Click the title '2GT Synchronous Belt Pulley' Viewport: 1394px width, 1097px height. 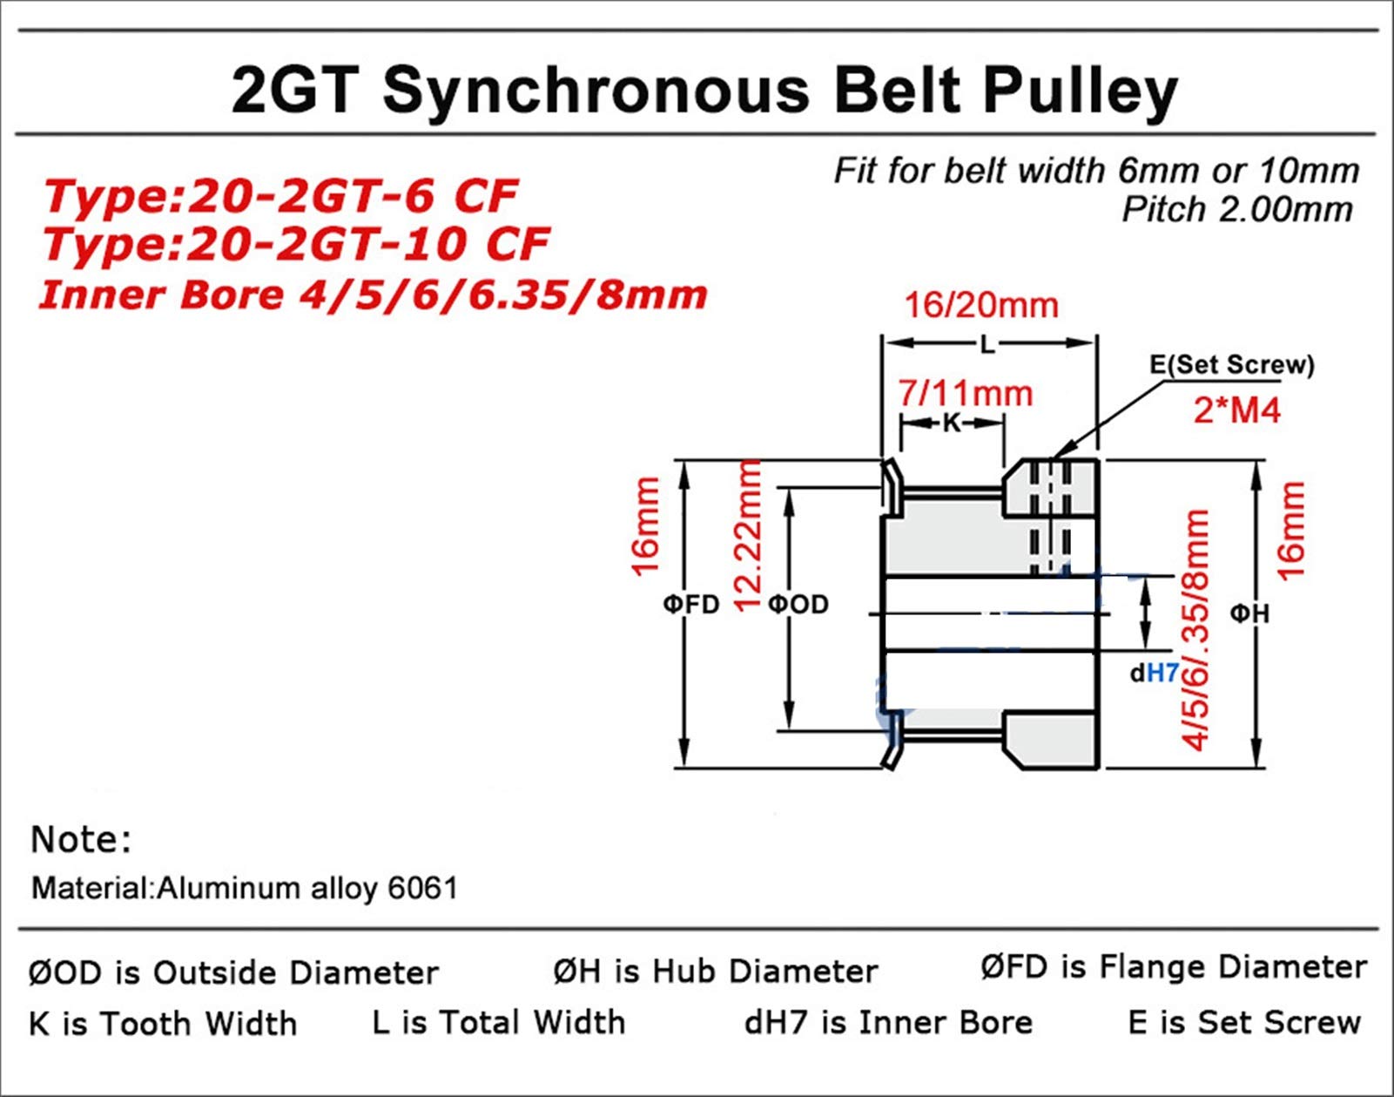click(704, 91)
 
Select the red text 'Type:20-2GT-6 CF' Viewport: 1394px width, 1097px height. click(280, 196)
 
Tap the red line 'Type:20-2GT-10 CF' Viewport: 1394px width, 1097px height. click(297, 244)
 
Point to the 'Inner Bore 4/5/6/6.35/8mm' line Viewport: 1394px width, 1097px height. click(373, 295)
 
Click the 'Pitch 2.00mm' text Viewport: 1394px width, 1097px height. click(1237, 209)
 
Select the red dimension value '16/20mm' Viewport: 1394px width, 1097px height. click(981, 305)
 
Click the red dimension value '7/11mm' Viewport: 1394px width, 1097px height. click(965, 393)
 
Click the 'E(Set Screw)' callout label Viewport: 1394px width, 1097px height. click(1232, 364)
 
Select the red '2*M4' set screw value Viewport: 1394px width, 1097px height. click(1237, 410)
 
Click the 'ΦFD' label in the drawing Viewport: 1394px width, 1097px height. click(691, 604)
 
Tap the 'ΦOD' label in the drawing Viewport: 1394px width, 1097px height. click(798, 604)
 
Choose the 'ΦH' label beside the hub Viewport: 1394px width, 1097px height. click(1249, 613)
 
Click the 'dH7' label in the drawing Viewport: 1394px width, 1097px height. click(1155, 673)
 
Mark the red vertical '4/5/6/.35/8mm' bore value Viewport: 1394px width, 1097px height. click(1195, 631)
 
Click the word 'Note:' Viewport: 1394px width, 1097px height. click(81, 840)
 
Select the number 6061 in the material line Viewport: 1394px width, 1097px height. click(423, 888)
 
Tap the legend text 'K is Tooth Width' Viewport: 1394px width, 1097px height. click(163, 1024)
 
